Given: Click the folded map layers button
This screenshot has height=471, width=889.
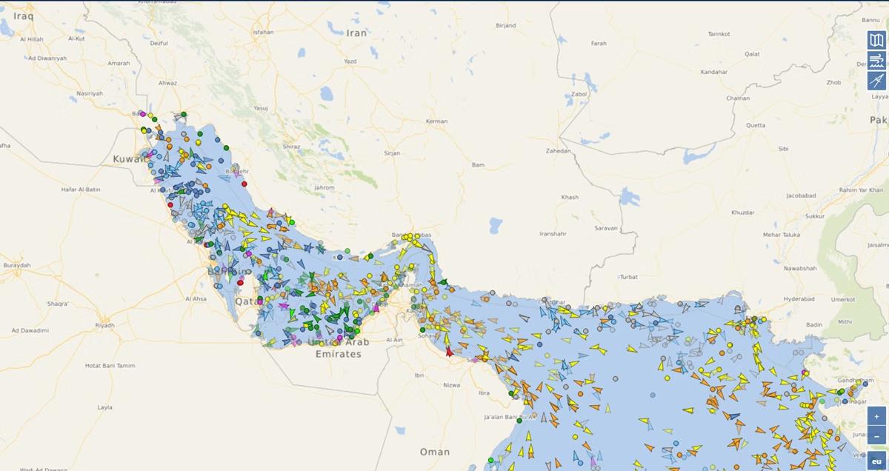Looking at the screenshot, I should point(876,40).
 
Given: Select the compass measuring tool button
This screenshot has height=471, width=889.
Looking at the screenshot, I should point(876,81).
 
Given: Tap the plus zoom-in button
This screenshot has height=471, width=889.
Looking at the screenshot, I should point(876,416).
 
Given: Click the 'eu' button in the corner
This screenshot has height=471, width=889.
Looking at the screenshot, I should point(876,461).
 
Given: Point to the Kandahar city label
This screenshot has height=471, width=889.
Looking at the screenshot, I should point(713,73).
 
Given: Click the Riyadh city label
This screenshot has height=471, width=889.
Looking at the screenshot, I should point(104,325).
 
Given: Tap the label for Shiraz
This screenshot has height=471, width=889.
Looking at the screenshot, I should point(291,147).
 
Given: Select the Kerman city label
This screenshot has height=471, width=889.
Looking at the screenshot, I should point(437,121).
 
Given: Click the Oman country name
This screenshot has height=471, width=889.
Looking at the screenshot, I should point(434,452).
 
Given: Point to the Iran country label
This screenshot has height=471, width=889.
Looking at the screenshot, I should point(357,33).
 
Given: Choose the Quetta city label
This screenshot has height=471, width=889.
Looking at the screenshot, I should point(756,125).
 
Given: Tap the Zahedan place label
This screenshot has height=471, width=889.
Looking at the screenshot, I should point(559,151).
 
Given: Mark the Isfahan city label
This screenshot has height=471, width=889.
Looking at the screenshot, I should point(263,33).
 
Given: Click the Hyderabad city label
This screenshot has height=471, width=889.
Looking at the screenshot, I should point(797,299).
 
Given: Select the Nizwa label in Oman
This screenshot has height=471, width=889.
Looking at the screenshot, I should point(451,385).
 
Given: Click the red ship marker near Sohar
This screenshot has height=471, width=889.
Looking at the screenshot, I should point(449,352).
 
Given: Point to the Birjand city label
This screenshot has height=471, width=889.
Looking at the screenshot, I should point(505,26).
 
